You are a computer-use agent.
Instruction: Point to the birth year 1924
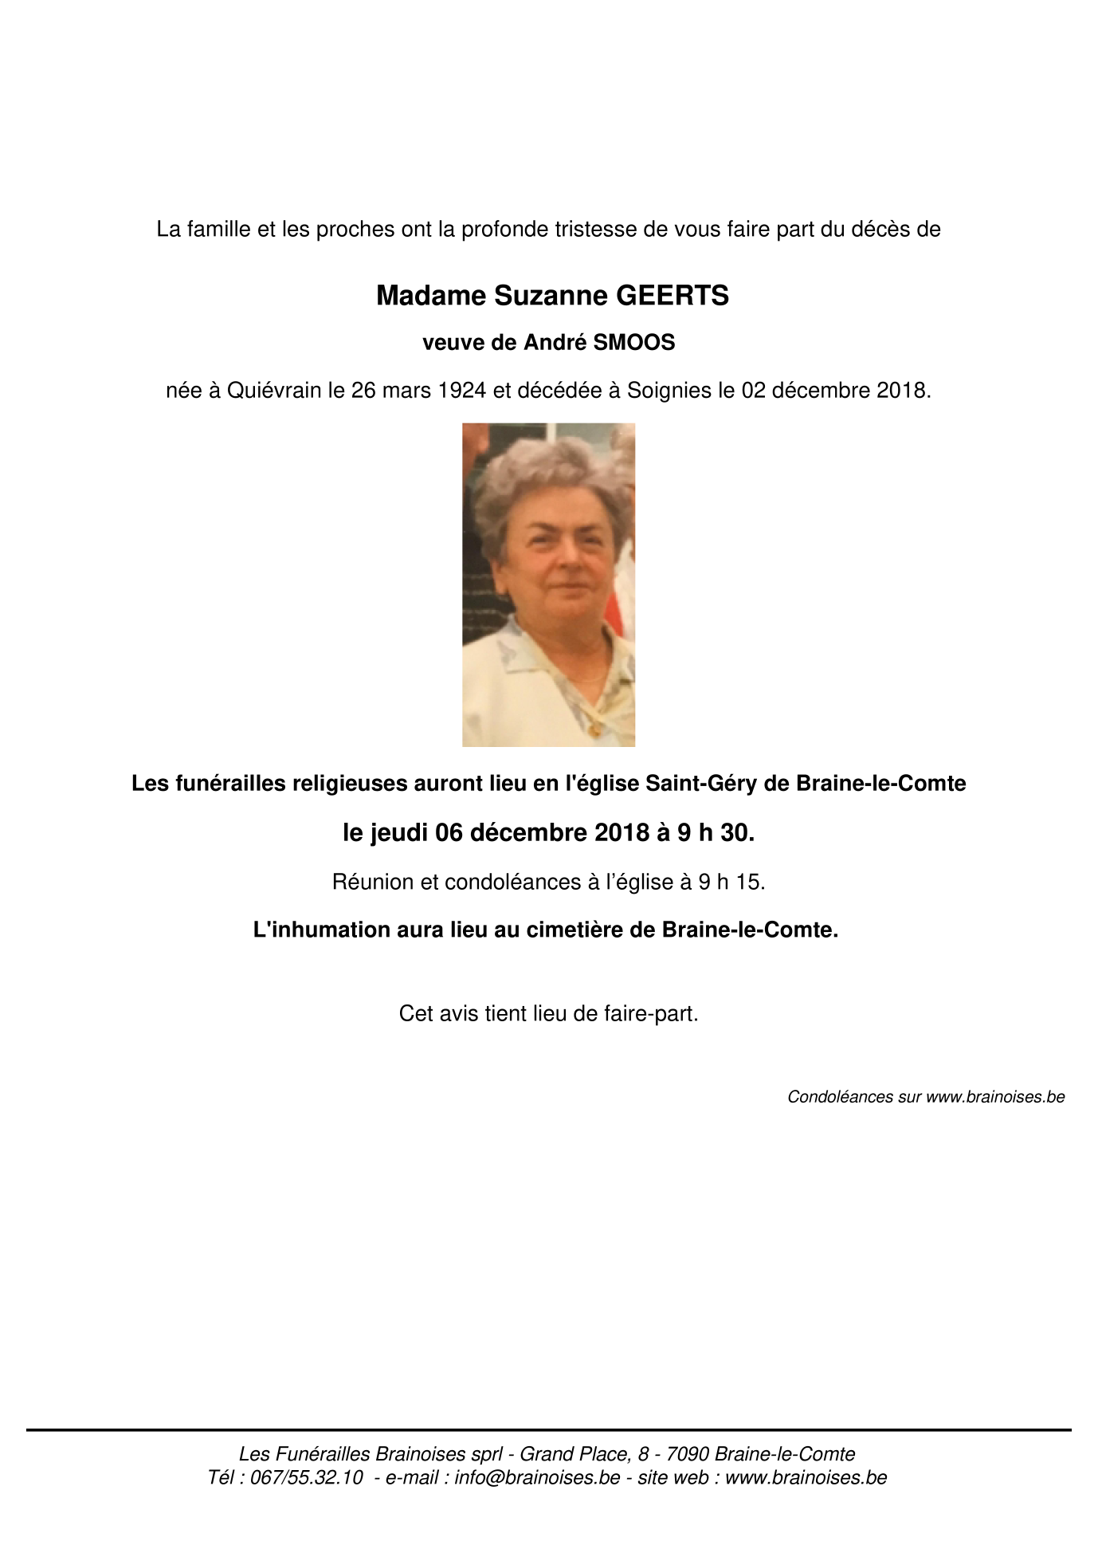[462, 391]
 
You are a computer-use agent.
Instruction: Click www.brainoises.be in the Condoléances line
[995, 1097]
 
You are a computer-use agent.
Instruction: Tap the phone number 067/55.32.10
[307, 1477]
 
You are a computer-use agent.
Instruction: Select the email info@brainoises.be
[537, 1477]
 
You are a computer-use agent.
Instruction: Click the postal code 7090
[688, 1454]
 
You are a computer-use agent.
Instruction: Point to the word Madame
[431, 296]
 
